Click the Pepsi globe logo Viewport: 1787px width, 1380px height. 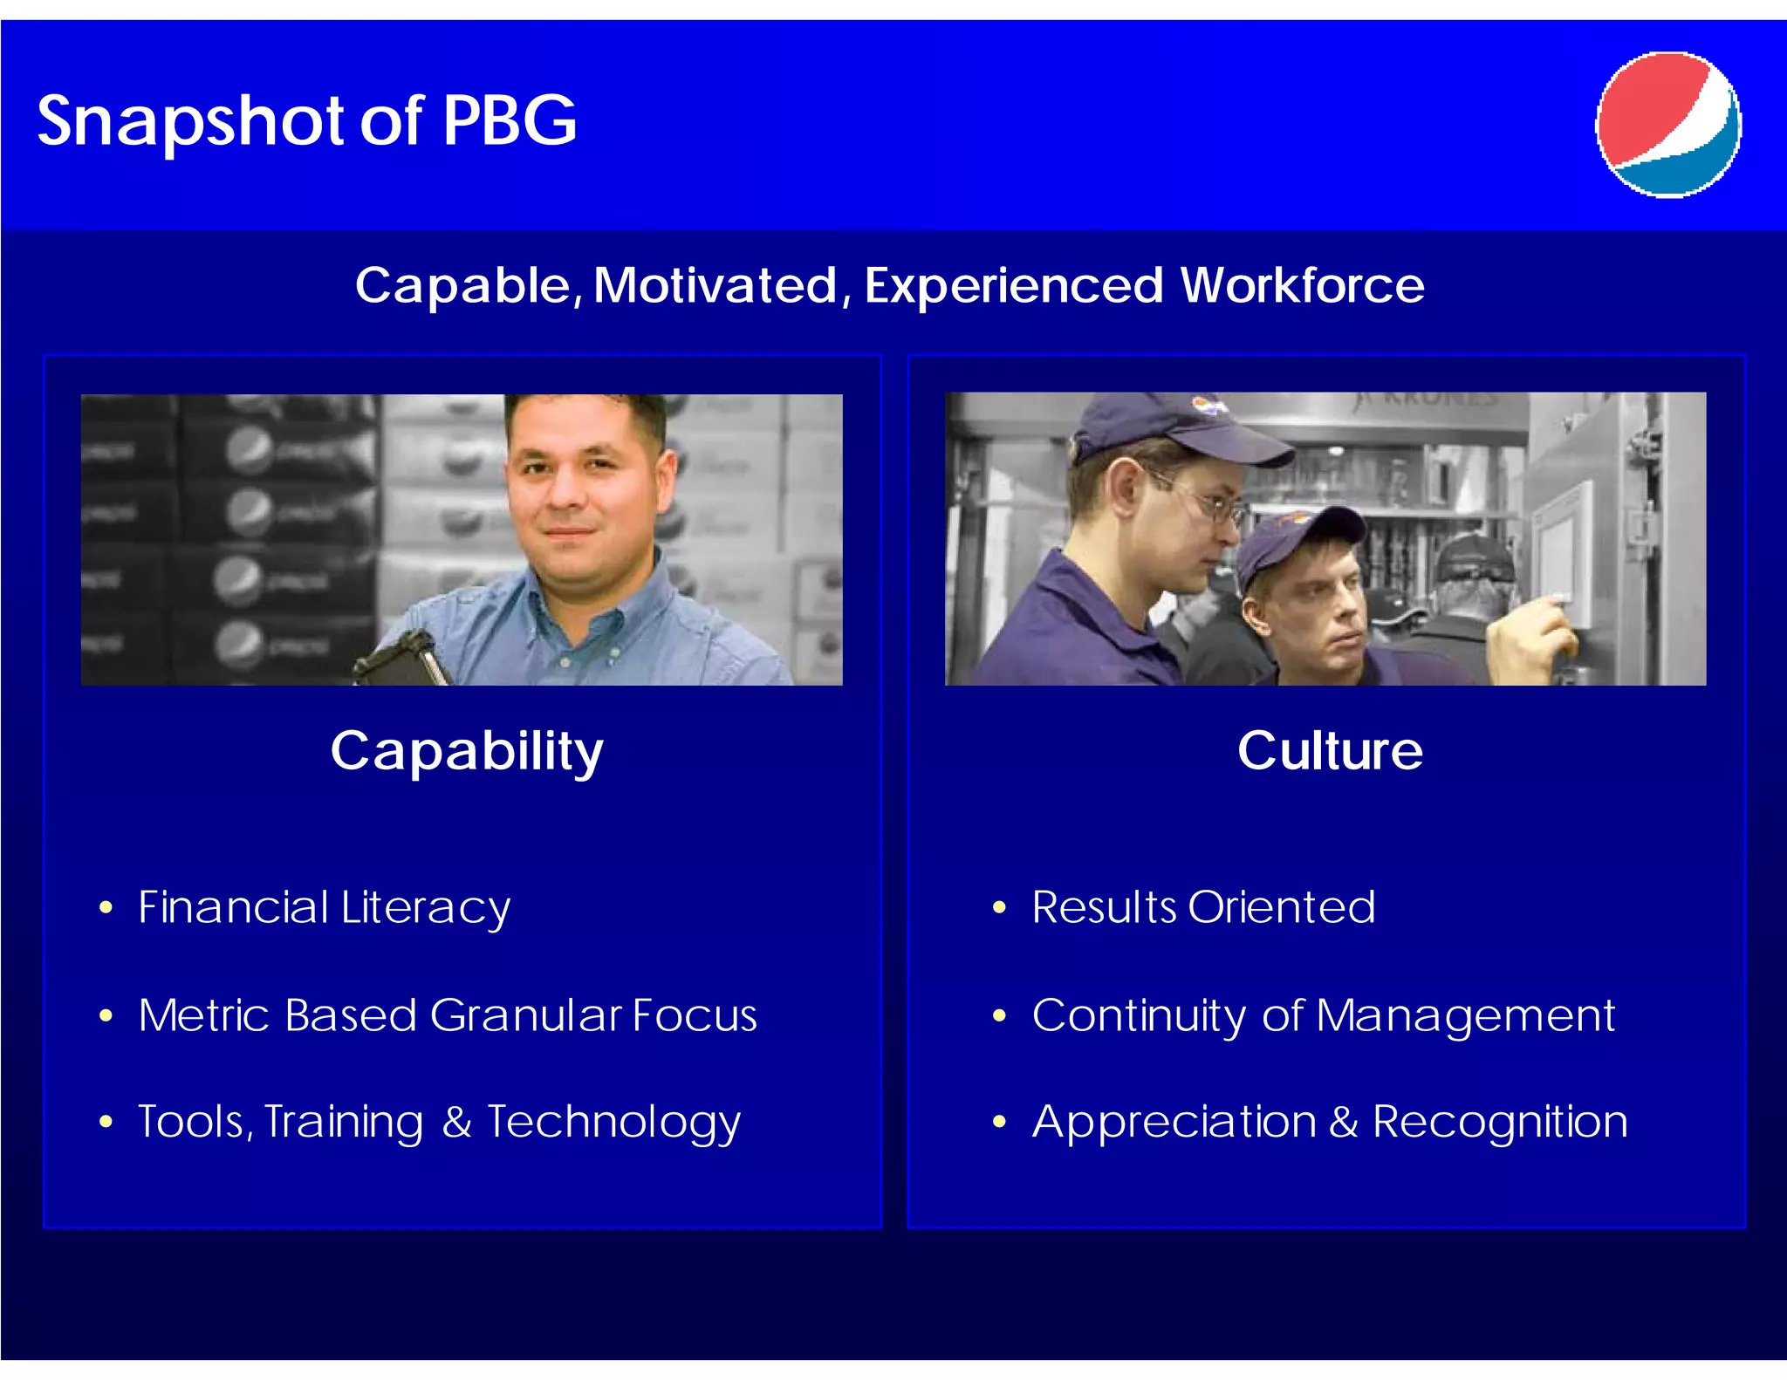tap(1668, 125)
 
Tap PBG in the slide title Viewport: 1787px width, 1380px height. tap(510, 120)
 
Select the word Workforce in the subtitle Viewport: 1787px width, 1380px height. tap(1302, 285)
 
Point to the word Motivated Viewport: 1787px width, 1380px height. tap(715, 285)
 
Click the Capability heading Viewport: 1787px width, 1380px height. tap(467, 750)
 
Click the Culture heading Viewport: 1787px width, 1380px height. tap(1330, 750)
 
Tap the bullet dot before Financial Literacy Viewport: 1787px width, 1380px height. tap(106, 908)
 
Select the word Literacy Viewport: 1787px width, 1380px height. tap(425, 908)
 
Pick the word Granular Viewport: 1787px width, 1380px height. tap(524, 1015)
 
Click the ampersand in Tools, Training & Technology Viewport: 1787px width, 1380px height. tap(457, 1122)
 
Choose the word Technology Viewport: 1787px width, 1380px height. tap(613, 1122)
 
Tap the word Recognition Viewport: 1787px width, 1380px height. tap(1500, 1122)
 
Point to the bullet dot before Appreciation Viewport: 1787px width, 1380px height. tap(999, 1122)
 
